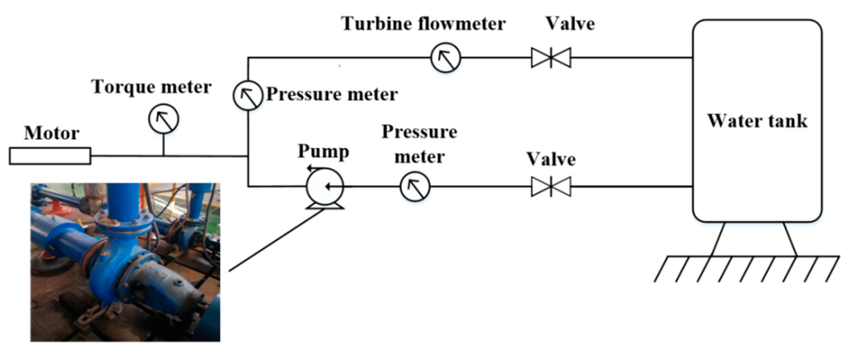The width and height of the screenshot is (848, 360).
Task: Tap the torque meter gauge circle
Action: [x=163, y=119]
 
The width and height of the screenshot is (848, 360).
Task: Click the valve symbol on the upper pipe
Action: [x=551, y=57]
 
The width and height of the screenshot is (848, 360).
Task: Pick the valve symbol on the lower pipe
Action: [x=551, y=187]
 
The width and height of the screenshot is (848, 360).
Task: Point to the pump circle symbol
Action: [x=325, y=187]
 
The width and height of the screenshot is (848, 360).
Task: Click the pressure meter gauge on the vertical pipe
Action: [x=248, y=95]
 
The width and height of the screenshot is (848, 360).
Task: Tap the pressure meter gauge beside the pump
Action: [x=415, y=186]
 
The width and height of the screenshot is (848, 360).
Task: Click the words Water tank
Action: [x=757, y=121]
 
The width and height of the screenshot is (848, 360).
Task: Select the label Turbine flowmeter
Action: [x=423, y=24]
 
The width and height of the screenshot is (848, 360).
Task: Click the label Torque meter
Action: [x=151, y=87]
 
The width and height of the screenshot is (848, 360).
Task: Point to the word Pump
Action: [x=323, y=152]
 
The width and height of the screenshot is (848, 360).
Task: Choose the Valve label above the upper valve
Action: [x=570, y=24]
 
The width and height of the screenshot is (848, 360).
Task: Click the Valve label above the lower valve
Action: [x=551, y=159]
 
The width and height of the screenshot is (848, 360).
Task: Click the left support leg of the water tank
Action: [x=718, y=239]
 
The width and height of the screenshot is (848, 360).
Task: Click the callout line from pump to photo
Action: [x=277, y=240]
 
